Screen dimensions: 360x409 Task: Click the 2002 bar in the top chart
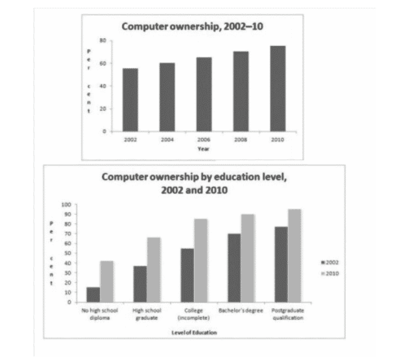pos(130,100)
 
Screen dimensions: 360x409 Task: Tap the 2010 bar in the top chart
pos(278,89)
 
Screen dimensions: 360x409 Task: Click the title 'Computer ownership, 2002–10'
pos(192,26)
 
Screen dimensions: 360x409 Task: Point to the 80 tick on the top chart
pos(102,41)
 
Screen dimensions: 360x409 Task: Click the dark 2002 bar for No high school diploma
pos(93,294)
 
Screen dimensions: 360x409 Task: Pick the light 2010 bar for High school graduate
pos(153,270)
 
